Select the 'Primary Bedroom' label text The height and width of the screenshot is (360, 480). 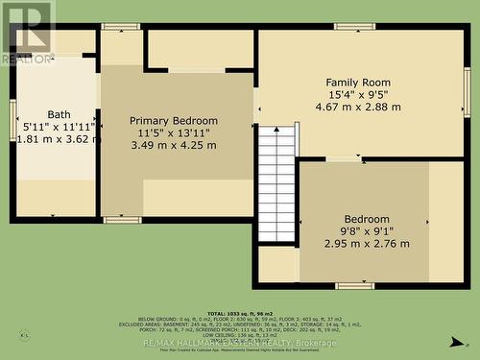click(x=174, y=120)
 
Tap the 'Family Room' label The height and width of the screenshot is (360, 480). click(x=361, y=82)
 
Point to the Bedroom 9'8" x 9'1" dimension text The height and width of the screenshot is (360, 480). click(x=365, y=231)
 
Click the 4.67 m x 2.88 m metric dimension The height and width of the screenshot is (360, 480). click(x=361, y=107)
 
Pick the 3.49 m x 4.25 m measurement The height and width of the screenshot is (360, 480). click(x=174, y=145)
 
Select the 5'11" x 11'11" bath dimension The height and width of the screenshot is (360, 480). click(x=59, y=125)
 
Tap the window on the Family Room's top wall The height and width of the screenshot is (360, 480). click(x=354, y=27)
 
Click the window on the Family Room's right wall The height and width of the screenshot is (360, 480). click(x=467, y=92)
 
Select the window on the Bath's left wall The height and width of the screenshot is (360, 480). click(x=12, y=120)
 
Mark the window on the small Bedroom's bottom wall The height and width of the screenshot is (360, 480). click(x=354, y=285)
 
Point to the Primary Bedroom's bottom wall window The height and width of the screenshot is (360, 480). click(x=122, y=220)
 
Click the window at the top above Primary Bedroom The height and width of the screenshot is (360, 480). click(x=120, y=27)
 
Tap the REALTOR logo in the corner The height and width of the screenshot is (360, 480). click(x=27, y=32)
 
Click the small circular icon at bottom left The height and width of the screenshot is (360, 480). click(x=25, y=335)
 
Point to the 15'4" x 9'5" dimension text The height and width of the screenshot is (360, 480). click(x=361, y=94)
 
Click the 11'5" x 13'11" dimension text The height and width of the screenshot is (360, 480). click(x=174, y=132)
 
